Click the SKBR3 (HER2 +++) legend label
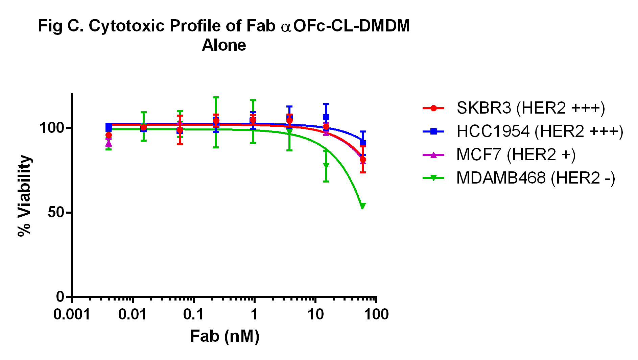[530, 108]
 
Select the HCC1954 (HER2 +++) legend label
[540, 131]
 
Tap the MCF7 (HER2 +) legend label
[516, 155]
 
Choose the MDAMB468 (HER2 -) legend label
[536, 178]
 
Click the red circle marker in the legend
[433, 108]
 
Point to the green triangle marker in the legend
[433, 178]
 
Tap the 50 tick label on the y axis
[56, 212]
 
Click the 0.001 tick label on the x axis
[72, 315]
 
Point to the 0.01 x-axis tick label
[133, 315]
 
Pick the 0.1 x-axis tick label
[193, 315]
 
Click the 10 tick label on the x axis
[315, 315]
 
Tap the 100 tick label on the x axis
[376, 315]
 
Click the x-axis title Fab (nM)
[225, 336]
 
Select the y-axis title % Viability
[25, 196]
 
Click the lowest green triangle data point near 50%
[362, 206]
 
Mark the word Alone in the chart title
[224, 45]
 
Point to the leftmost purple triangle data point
[109, 144]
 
